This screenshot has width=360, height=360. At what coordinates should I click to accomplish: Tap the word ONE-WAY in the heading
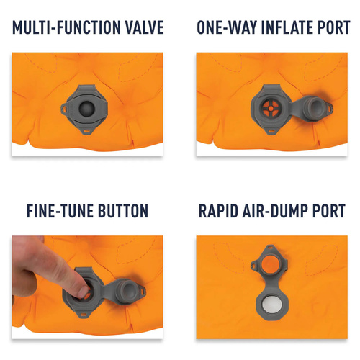coord(227,27)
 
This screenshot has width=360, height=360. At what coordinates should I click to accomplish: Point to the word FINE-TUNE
coord(60,211)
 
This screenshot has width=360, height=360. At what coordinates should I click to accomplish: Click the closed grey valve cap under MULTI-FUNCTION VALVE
coord(86,108)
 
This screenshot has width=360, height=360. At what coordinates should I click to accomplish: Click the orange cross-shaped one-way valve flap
coord(271,109)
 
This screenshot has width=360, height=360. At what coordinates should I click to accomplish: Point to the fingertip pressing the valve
coord(83,292)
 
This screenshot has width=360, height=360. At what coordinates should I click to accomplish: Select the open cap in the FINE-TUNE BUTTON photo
coord(128,290)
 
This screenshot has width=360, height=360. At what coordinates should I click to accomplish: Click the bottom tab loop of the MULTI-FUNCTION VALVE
coord(86,131)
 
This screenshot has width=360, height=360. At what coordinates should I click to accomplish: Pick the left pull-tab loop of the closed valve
coord(64,109)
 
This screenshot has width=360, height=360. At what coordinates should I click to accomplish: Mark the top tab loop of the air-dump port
coord(270,247)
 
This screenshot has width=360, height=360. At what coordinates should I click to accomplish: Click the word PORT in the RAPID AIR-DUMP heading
coord(329,211)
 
